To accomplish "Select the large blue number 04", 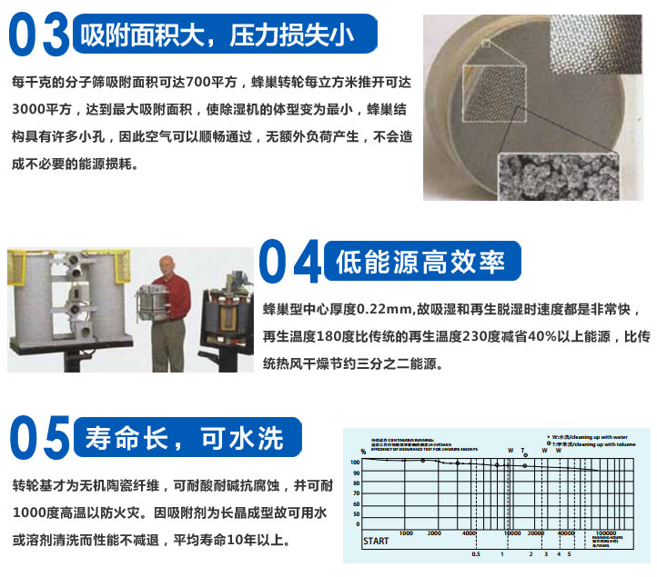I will pos(291,263).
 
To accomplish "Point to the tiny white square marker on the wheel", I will pos(486,43).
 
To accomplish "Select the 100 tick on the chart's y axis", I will pos(356,462).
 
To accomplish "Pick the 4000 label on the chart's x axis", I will pos(470,533).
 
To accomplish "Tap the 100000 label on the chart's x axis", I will pos(604,533).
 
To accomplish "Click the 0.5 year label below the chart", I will pos(475,553).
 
